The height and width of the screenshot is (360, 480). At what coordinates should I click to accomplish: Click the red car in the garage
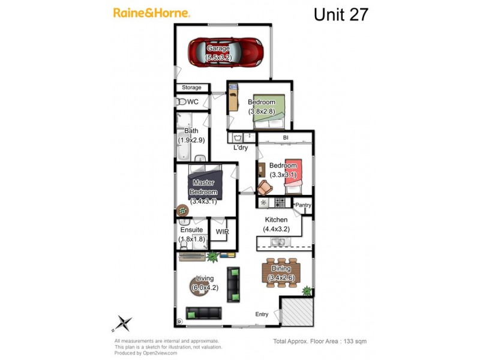(x=226, y=52)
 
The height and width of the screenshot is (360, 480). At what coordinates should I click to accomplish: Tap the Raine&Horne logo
(x=152, y=13)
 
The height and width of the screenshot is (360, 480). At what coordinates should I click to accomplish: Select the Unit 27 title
(x=341, y=14)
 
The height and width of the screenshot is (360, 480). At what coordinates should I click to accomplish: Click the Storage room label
(x=191, y=88)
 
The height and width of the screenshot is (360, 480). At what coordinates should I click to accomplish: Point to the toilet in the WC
(x=182, y=101)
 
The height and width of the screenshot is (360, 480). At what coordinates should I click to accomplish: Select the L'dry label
(x=241, y=148)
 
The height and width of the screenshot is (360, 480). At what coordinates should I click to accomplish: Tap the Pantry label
(x=304, y=205)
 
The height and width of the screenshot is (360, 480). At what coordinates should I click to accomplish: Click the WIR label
(x=222, y=232)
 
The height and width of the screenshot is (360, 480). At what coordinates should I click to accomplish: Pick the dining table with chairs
(x=281, y=273)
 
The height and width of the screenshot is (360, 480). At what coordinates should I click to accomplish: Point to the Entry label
(x=262, y=314)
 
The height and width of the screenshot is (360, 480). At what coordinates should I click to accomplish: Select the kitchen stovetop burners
(x=280, y=203)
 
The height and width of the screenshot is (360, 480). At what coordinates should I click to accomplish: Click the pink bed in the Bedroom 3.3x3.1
(x=293, y=176)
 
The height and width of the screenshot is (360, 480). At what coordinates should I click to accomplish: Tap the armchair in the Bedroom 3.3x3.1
(x=265, y=188)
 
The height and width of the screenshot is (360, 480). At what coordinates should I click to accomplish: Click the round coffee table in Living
(x=200, y=286)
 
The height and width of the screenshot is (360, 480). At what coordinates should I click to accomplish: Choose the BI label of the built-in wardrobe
(x=286, y=138)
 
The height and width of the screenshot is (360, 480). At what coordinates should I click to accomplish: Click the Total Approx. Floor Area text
(x=320, y=341)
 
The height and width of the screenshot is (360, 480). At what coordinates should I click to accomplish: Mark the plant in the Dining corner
(x=307, y=291)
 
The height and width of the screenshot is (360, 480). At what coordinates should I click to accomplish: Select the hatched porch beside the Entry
(x=298, y=311)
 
